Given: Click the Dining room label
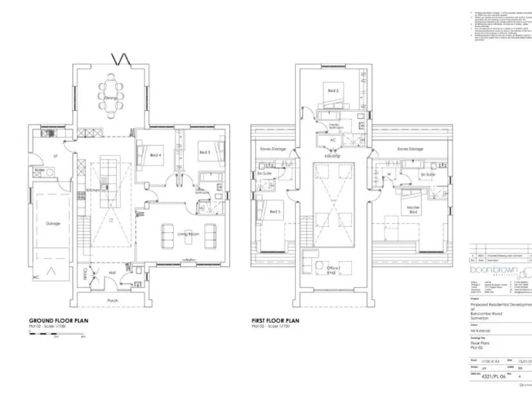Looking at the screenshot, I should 110,98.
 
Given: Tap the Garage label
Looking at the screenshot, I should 53,224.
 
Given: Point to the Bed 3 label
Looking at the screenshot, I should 204,152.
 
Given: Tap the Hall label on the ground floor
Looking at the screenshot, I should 112,273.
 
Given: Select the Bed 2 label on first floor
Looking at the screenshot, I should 333,91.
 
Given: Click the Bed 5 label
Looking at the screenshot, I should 274,211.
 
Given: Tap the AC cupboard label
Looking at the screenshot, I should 332,139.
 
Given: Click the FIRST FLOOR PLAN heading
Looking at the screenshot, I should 275,321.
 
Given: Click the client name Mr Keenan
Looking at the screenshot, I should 484,331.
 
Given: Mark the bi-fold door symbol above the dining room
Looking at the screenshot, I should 122,58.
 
